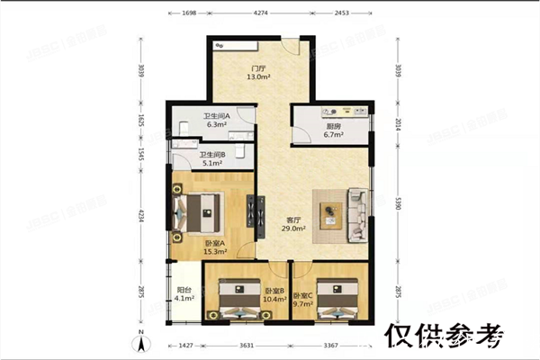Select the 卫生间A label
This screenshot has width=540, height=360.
[215, 115]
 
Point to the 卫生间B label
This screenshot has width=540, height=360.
[212, 154]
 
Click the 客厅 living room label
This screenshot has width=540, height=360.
[293, 220]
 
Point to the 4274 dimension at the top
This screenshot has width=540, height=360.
[260, 13]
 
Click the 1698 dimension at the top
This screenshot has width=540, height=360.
[189, 13]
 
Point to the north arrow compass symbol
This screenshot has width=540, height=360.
[141, 343]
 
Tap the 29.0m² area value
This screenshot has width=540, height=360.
[293, 229]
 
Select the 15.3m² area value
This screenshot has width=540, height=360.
[214, 254]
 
